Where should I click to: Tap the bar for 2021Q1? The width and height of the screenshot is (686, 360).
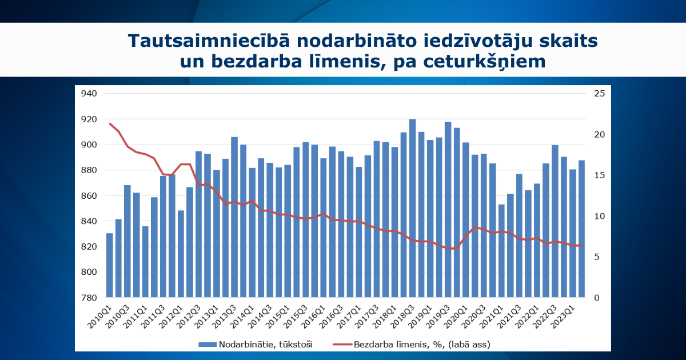501,251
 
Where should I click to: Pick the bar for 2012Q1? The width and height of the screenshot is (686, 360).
181,254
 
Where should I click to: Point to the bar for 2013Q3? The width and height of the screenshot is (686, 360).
234,217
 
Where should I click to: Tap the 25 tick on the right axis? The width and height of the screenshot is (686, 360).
600,94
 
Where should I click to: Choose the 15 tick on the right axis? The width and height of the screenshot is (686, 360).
600,175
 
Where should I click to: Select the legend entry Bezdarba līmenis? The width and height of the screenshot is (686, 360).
412,344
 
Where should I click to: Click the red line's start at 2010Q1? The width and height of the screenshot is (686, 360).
110,123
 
